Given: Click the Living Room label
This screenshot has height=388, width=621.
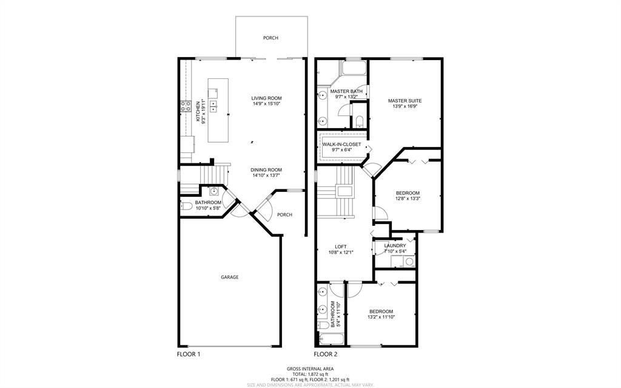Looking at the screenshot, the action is [266, 98].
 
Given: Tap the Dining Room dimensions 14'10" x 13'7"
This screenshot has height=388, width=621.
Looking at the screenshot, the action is [266, 175].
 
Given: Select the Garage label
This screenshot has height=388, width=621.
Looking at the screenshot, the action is [230, 277].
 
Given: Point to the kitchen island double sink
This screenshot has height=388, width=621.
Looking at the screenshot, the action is [213, 106].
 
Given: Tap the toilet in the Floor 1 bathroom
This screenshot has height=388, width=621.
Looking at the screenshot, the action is [187, 206].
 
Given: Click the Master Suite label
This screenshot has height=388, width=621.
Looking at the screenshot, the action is [404, 101].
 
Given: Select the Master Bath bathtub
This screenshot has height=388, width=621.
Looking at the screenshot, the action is [354, 68].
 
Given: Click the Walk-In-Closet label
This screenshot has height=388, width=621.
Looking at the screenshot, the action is [342, 145].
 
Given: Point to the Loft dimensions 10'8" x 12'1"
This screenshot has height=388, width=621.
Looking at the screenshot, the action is [341, 252].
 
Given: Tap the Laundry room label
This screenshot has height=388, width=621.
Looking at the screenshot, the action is [395, 245].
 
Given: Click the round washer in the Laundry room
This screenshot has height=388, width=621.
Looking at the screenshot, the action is [409, 262].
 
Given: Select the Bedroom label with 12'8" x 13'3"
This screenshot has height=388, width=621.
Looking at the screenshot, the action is [408, 193].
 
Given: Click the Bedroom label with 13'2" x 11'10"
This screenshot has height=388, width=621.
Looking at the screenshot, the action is [381, 311].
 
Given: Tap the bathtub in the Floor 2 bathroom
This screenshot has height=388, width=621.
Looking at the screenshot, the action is [331, 339].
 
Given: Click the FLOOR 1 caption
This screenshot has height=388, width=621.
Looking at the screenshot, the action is [189, 354].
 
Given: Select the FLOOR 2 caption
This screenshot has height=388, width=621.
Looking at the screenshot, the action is [326, 354].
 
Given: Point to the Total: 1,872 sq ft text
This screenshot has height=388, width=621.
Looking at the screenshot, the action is [310, 374].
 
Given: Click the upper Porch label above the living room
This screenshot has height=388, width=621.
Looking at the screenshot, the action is [270, 38].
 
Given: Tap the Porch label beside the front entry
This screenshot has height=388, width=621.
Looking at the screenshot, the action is [284, 214].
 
